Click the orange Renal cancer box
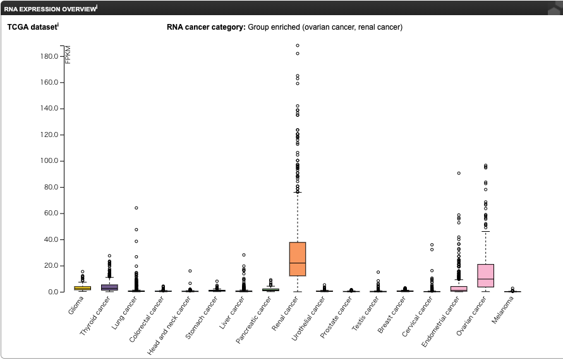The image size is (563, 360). [x=298, y=259]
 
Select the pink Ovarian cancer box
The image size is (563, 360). [x=485, y=275]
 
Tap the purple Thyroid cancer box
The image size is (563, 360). [x=109, y=287]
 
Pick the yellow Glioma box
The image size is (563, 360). [x=83, y=288]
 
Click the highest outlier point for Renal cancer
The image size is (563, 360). [x=298, y=45]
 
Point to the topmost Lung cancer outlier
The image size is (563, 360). [x=136, y=208]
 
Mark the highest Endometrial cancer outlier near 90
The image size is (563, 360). [x=459, y=173]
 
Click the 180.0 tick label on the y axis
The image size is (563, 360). [x=49, y=56]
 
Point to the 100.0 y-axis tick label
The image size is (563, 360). [x=49, y=161]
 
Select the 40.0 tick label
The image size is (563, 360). [x=51, y=239]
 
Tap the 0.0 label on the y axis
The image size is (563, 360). [x=53, y=292]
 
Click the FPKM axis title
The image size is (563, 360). [x=68, y=54]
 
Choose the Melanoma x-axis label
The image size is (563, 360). [x=503, y=309]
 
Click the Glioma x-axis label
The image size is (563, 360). [x=76, y=306]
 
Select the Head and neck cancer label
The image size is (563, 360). [x=169, y=325]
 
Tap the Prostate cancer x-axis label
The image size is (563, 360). [x=336, y=317]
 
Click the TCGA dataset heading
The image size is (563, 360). [x=32, y=27]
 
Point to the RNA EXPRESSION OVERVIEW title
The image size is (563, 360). [x=51, y=9]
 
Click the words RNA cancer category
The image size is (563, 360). [x=206, y=27]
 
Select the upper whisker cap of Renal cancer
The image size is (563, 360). [x=298, y=193]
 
